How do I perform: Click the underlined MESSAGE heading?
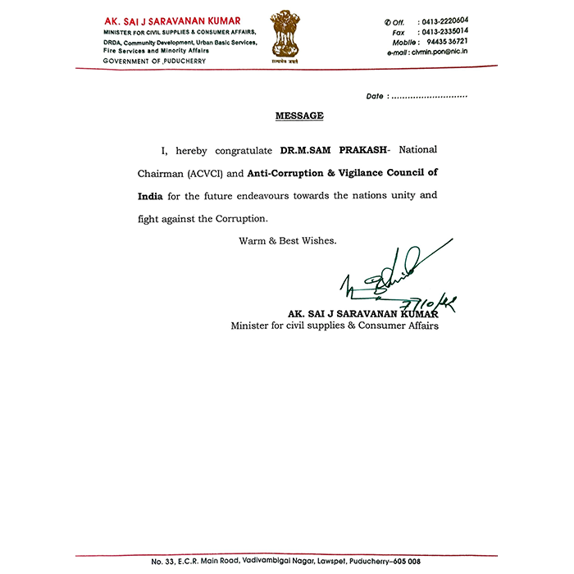click(299, 116)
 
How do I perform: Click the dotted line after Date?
click(429, 97)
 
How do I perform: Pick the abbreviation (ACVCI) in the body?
click(210, 173)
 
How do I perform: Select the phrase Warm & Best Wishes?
click(287, 241)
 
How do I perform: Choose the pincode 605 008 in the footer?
click(403, 562)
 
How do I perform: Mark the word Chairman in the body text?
click(160, 173)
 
